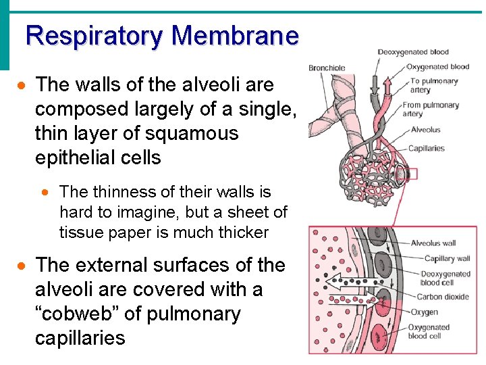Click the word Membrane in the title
point(236,35)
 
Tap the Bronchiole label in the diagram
point(327,68)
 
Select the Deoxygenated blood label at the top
point(412,52)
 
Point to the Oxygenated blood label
point(437,66)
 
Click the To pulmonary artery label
point(433,85)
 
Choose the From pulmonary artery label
point(431,109)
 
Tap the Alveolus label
point(425,130)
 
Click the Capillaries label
point(427,148)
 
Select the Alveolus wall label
point(433,243)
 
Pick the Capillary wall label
point(447,258)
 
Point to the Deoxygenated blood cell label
point(445,278)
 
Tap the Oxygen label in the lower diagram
point(424,312)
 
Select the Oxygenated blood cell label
point(429,332)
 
